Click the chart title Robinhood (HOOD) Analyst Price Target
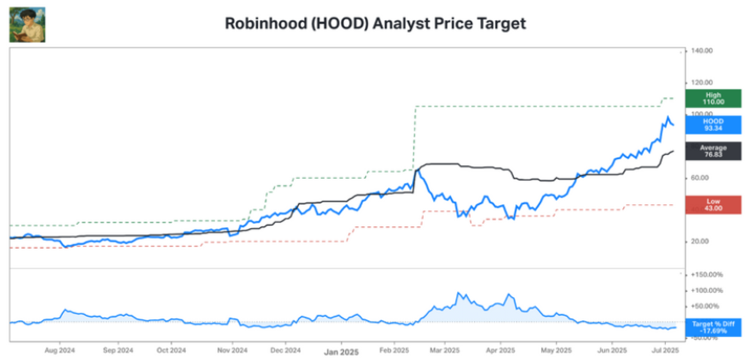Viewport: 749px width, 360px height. coord(375,23)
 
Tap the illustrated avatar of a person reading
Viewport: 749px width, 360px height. coord(27,25)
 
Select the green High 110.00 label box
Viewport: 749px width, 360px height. coord(713,98)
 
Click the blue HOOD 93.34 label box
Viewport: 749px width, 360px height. coord(713,125)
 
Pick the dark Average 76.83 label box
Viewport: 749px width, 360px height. coord(713,151)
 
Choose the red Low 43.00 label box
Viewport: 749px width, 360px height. coord(713,205)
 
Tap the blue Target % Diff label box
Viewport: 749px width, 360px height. coord(713,327)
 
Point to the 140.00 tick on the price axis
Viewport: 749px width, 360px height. coord(701,51)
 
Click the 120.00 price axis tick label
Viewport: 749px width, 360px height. coord(701,82)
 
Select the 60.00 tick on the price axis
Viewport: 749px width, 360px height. coord(699,178)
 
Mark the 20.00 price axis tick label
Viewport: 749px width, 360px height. coord(699,241)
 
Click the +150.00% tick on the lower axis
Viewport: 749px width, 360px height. coord(706,275)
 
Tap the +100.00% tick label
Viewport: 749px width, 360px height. coord(706,291)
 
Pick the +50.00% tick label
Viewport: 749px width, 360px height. coord(705,306)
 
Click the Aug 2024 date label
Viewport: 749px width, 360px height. coord(59,350)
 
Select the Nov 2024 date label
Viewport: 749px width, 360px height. coord(232,350)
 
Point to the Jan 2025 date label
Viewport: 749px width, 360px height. coord(341,352)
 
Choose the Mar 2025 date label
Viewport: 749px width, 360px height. coord(444,350)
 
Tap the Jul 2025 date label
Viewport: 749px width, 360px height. coord(665,350)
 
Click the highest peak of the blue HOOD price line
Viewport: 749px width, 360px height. coord(668,117)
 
